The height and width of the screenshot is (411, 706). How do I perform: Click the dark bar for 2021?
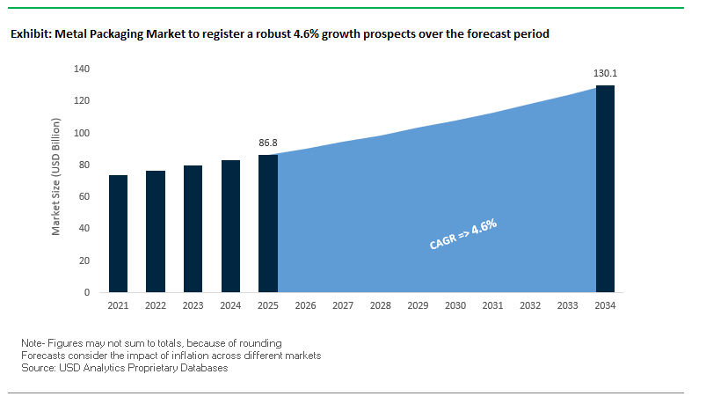coord(118,233)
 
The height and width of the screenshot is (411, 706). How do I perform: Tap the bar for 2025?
coord(268,224)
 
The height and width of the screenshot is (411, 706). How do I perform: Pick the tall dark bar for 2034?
coord(605,188)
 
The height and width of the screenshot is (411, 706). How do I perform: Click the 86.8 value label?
coord(268,142)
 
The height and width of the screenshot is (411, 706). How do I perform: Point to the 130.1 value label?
coord(605,72)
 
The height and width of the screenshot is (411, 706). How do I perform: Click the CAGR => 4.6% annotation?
coord(463,236)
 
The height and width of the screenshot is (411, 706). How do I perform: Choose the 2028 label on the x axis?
coord(381,305)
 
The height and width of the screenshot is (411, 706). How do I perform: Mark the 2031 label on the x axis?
coord(492,305)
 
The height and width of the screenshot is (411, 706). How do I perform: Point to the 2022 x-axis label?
coord(156,305)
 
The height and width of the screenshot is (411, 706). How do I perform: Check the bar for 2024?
coord(230,226)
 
